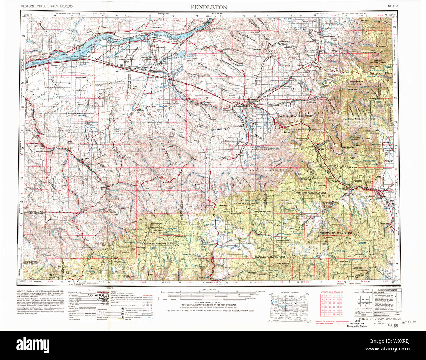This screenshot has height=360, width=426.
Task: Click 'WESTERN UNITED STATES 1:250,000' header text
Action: coord(51,6)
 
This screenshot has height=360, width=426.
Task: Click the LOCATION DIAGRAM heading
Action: coord(289,292)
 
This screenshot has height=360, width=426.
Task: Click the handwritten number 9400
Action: coord(393,325)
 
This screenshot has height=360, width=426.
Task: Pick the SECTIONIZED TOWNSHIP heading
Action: coord(332,292)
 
